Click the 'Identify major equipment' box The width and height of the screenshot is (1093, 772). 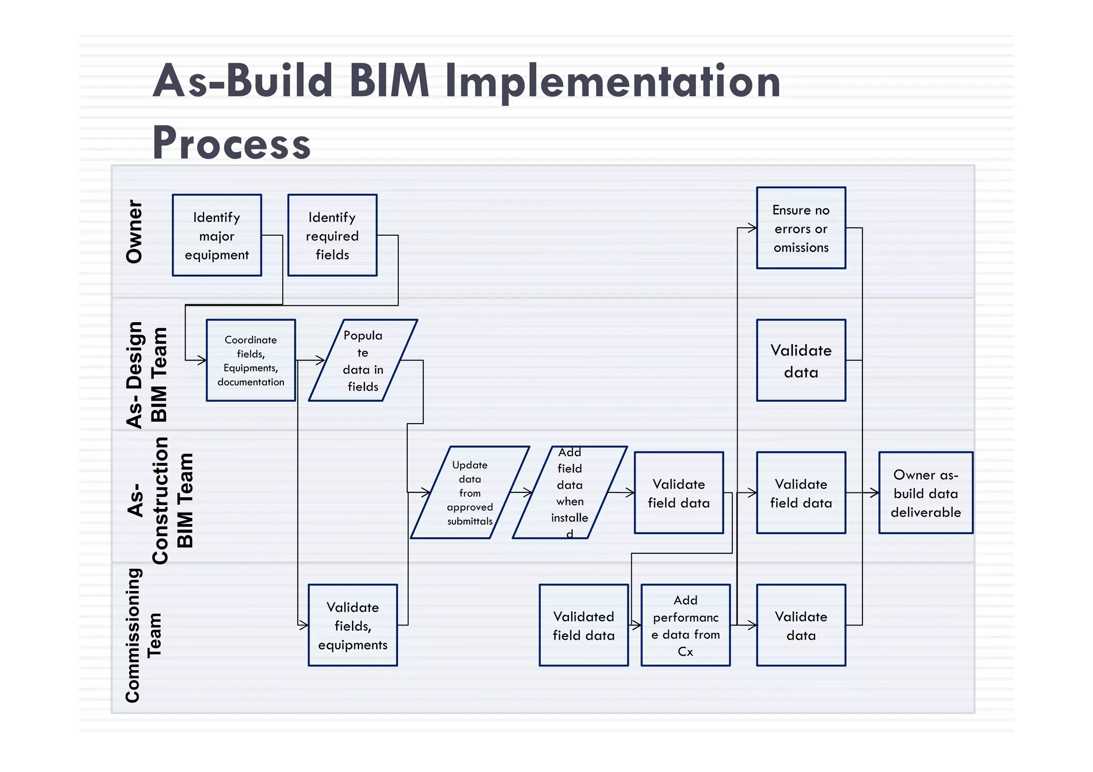point(217,235)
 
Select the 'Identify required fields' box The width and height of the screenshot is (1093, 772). point(332,235)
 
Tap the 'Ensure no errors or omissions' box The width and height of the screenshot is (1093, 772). point(801,228)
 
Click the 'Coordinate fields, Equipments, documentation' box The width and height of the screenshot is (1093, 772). point(251,360)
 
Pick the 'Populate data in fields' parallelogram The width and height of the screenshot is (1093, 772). point(363,360)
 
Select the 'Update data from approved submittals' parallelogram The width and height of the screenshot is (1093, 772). point(470,492)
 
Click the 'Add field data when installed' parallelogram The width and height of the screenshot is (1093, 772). point(569,492)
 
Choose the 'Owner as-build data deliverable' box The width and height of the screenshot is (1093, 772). point(925,492)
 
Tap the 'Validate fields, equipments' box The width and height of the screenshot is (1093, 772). point(352,625)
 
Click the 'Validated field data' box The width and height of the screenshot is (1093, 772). point(583,625)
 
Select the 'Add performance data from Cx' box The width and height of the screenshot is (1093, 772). point(685,625)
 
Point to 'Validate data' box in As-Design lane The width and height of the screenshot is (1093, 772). point(801,360)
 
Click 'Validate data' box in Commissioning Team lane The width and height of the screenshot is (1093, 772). point(801,625)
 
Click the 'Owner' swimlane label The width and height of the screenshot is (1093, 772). point(134,232)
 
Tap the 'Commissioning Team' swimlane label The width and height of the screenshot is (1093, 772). point(142,635)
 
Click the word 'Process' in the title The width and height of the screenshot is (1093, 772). point(231,143)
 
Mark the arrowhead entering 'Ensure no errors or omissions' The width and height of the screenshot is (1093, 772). point(753,228)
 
